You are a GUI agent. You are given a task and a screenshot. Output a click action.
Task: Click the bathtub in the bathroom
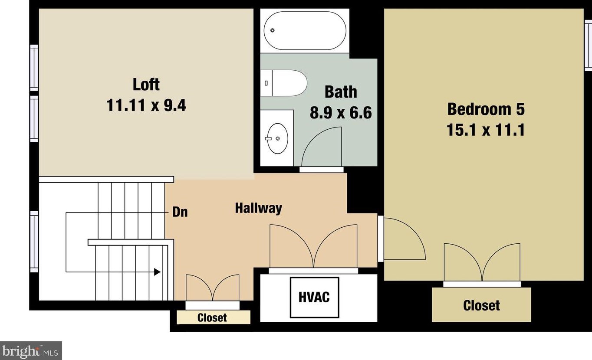305,30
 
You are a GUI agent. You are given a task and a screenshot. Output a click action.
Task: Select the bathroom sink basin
277,138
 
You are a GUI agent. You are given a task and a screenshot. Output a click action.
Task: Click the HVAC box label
314,297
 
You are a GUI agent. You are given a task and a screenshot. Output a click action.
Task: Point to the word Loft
146,84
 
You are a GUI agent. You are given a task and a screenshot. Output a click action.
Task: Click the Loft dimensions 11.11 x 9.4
146,105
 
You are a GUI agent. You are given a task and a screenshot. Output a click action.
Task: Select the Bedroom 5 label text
486,109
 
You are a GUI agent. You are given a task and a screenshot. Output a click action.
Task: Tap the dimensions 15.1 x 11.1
486,130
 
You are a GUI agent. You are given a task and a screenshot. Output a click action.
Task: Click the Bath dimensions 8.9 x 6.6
341,113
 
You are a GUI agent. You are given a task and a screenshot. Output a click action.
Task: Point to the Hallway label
258,208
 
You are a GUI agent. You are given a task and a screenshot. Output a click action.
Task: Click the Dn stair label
180,213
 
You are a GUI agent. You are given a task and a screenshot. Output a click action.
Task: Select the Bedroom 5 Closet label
481,305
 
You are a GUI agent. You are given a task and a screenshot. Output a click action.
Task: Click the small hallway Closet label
212,318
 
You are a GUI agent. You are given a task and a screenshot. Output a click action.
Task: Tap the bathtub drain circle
273,30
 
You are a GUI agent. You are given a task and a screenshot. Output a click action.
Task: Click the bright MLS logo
31,350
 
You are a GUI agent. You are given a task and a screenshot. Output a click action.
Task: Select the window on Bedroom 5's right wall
588,46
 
